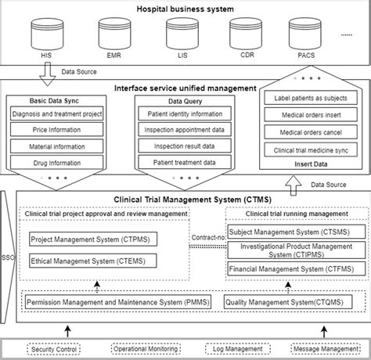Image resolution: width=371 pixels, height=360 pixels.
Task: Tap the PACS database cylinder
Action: (304, 34)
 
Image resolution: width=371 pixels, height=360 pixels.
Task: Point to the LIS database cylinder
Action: (179, 34)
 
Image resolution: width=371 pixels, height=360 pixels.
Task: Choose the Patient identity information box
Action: (185, 114)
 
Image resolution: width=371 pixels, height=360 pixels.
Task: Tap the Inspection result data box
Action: (185, 146)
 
